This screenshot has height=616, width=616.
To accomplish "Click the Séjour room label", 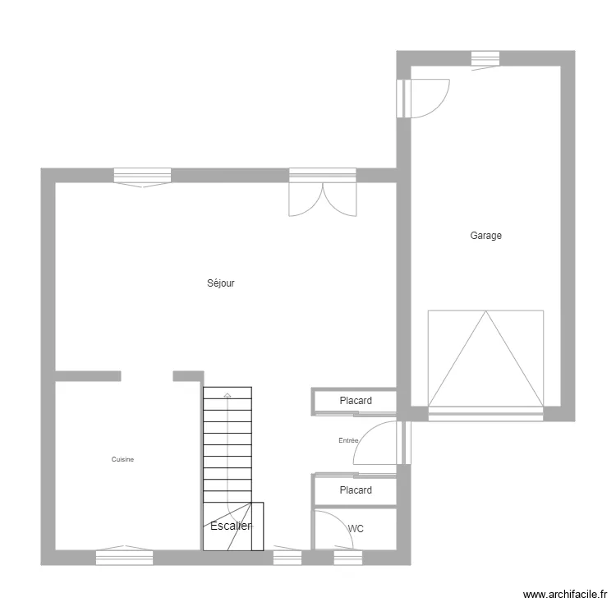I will click(x=221, y=283).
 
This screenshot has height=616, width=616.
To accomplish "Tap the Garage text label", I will click(x=485, y=236).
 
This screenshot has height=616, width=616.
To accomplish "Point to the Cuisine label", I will click(x=122, y=460).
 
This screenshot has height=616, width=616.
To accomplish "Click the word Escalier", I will click(x=231, y=526).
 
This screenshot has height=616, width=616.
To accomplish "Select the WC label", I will click(x=356, y=529).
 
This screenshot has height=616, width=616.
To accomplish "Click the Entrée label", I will click(x=348, y=441).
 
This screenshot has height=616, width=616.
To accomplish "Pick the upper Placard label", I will click(x=356, y=401).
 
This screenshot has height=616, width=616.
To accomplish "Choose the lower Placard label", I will click(x=356, y=490).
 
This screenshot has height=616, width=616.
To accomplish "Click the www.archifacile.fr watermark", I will click(x=566, y=595).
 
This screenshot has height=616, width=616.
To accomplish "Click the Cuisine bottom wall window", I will click(x=124, y=557).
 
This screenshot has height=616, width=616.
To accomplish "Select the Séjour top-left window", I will click(x=142, y=175).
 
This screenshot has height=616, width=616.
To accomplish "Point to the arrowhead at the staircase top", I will click(x=228, y=396).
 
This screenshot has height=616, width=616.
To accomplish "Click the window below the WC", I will click(x=347, y=558).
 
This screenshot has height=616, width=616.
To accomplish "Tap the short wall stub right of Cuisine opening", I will click(x=188, y=376).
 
